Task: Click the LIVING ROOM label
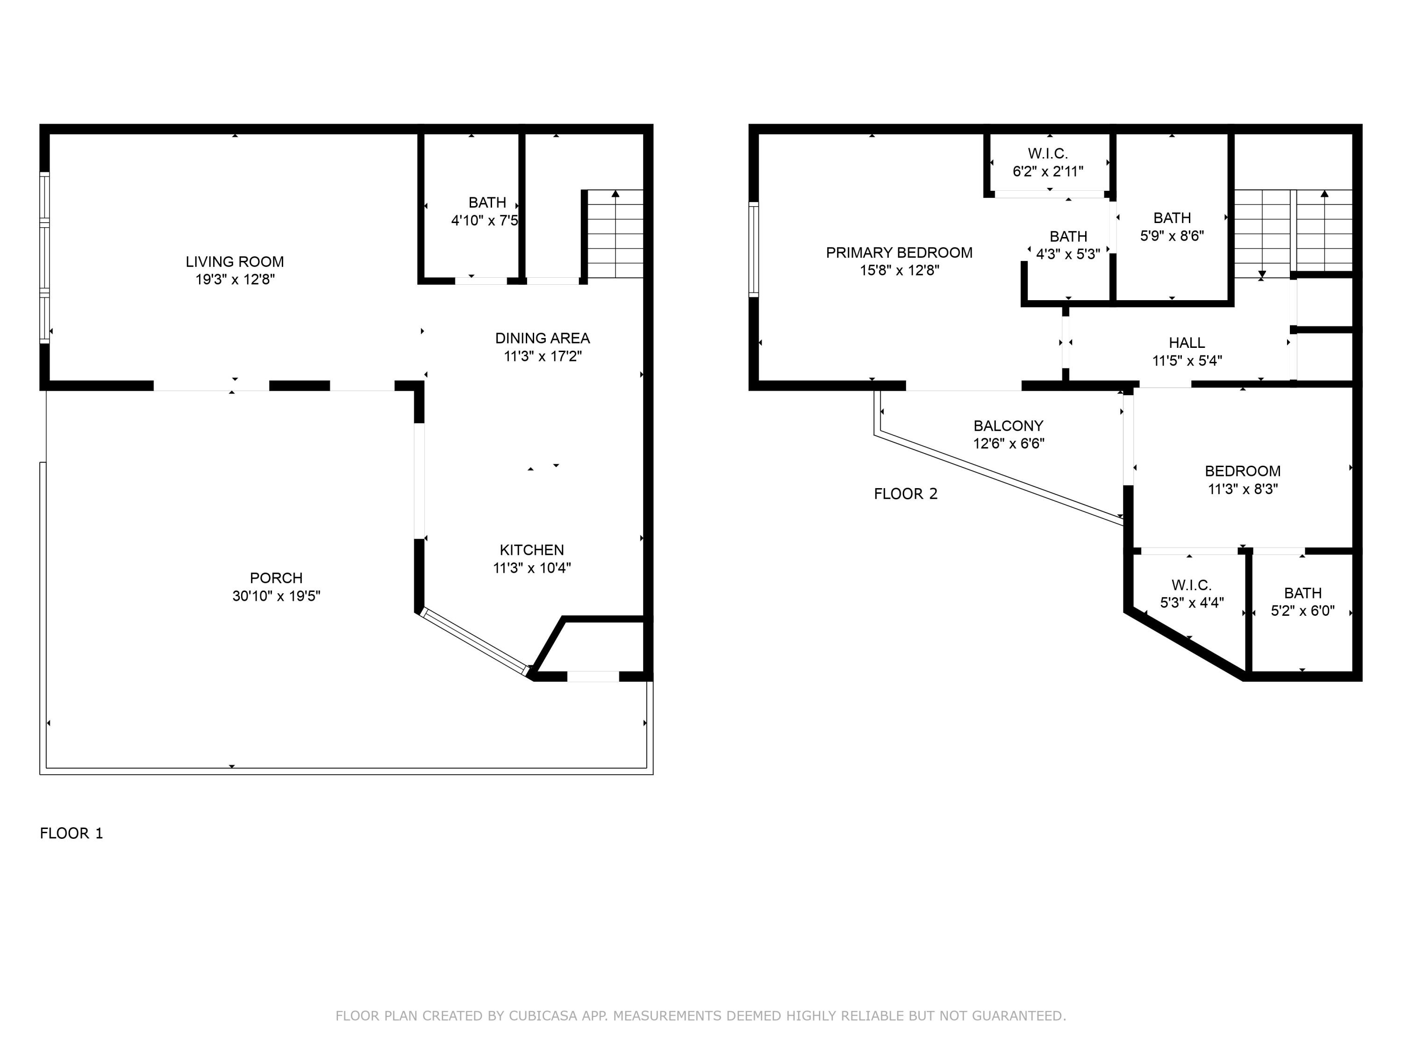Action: coord(235,262)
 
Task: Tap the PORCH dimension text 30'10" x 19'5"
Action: coord(276,596)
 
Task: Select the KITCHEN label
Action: coord(531,550)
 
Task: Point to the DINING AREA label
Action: coord(542,338)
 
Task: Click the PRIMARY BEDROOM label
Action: coord(899,252)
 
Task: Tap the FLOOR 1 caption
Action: coord(71,833)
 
